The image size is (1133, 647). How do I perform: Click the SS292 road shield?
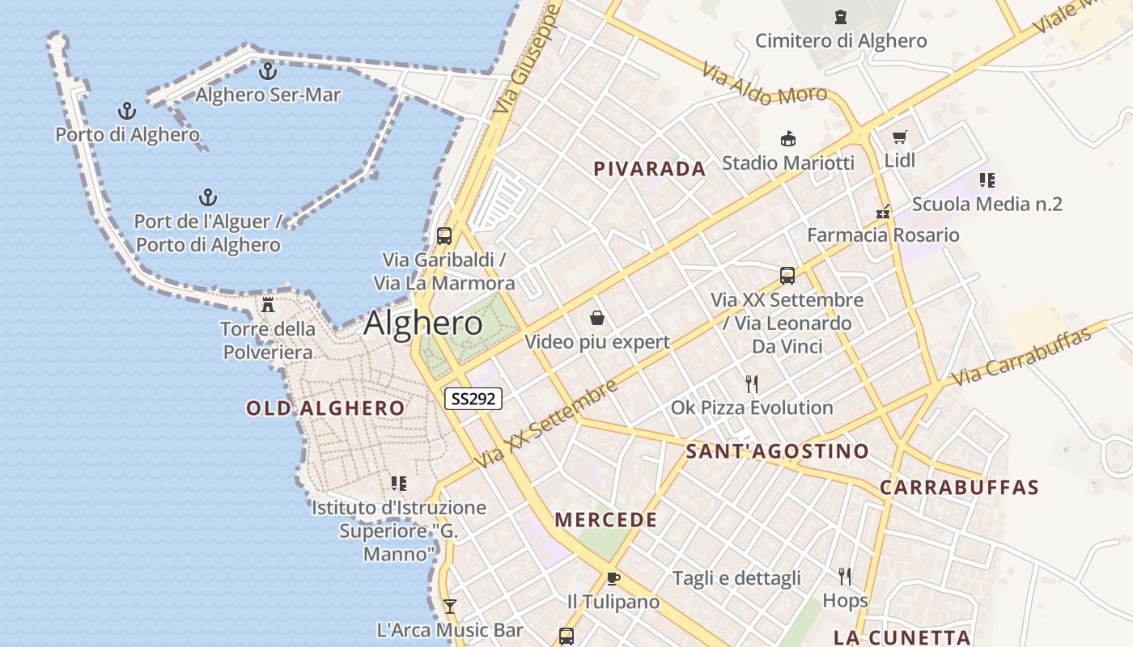click(x=473, y=399)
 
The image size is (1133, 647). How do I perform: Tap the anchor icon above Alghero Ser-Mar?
click(x=268, y=71)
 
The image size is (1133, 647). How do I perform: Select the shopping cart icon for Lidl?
click(x=899, y=137)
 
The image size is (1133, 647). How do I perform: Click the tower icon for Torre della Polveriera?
click(x=268, y=305)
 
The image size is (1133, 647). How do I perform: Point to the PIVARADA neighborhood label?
click(x=650, y=169)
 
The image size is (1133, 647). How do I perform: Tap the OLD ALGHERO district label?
click(x=325, y=408)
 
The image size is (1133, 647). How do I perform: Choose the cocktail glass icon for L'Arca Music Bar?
click(x=450, y=606)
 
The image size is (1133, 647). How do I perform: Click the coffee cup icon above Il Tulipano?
click(x=613, y=578)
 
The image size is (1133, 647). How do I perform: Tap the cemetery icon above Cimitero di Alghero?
click(x=841, y=16)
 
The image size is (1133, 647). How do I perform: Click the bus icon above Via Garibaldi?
click(x=443, y=236)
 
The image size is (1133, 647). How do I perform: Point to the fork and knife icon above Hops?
click(x=845, y=576)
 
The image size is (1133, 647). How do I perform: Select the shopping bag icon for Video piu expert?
click(x=597, y=318)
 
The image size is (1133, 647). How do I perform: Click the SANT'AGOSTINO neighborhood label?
click(x=777, y=451)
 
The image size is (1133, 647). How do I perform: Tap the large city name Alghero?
click(x=423, y=323)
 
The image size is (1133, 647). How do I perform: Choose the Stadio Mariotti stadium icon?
click(x=787, y=139)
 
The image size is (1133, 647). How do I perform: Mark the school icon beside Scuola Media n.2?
click(x=987, y=180)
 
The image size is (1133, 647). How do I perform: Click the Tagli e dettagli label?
click(x=736, y=578)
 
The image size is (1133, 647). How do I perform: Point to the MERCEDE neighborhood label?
click(x=606, y=520)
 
